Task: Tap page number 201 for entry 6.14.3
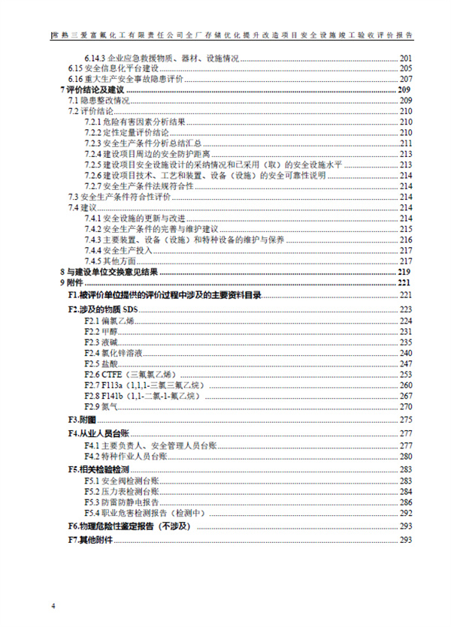(406, 58)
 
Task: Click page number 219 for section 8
(406, 271)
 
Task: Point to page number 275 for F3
(406, 419)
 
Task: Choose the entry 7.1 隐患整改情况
(99, 101)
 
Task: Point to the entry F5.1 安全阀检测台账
(120, 481)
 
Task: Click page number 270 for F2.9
(406, 406)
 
